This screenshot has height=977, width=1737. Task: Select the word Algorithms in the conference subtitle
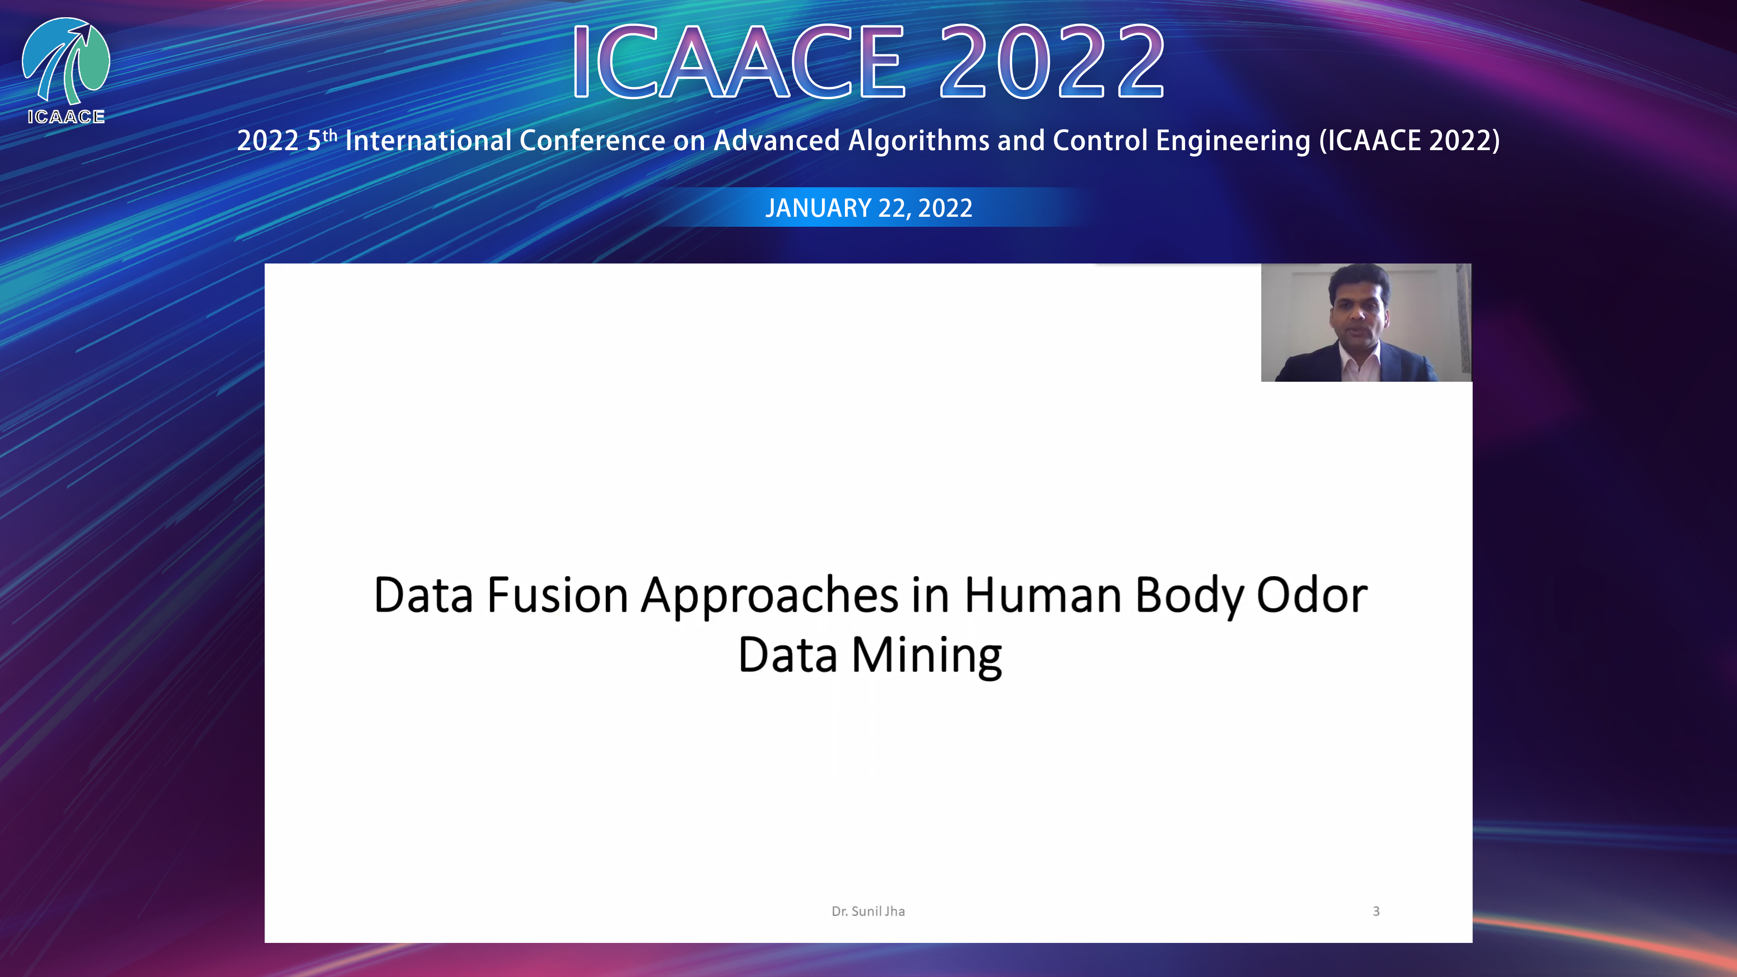tap(918, 140)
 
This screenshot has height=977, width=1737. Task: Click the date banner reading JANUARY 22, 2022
tap(869, 208)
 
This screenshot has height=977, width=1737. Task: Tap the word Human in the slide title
tap(1043, 596)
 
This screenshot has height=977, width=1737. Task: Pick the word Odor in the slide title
tap(1312, 596)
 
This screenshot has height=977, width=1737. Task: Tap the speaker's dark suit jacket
tap(1356, 364)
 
